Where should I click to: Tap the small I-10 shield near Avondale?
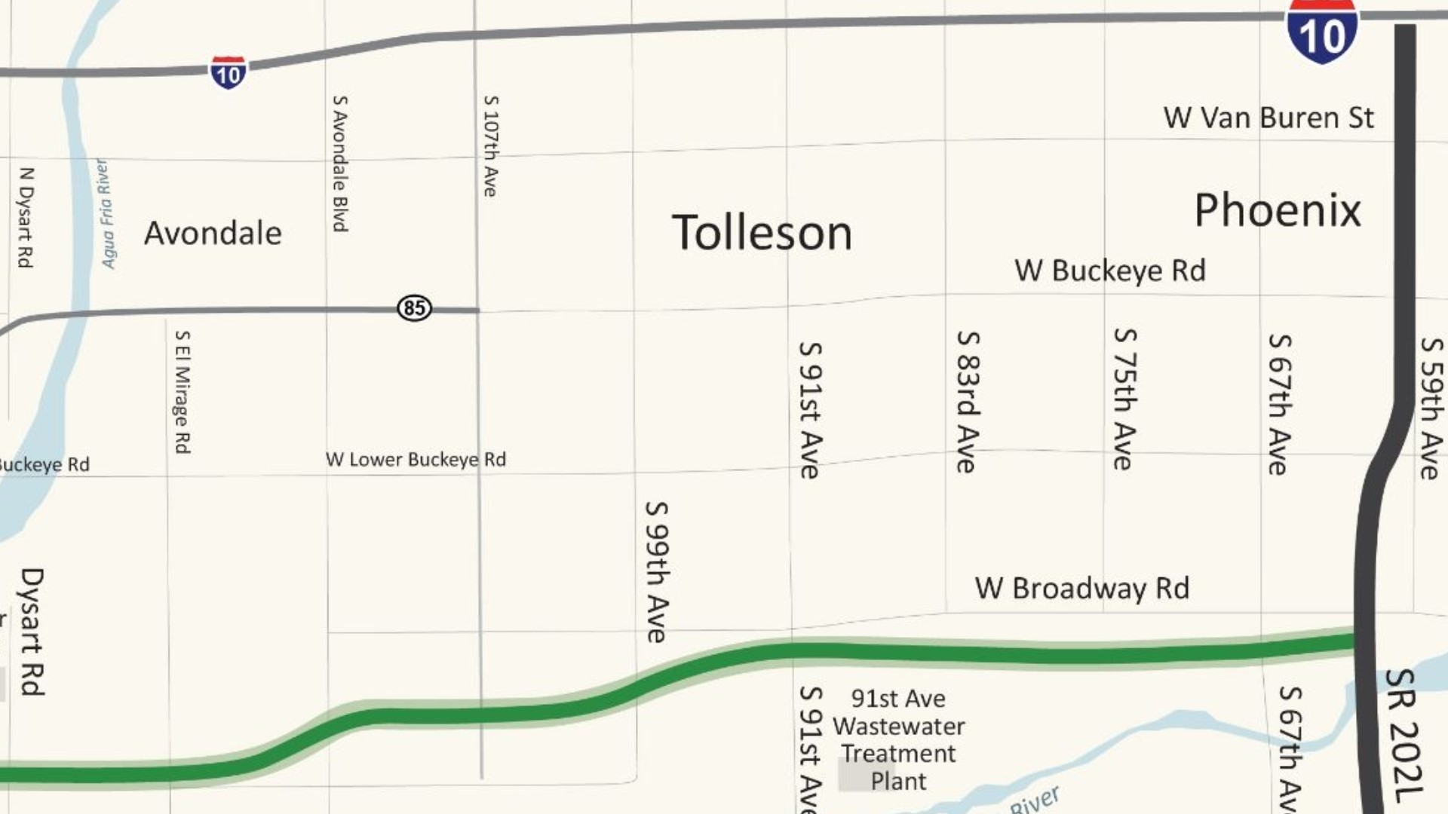228,72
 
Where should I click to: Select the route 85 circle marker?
414,308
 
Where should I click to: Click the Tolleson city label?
762,232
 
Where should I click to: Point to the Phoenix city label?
1278,210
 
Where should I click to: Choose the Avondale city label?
213,233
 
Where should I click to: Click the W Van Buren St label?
1269,118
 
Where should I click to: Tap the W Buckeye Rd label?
1109,271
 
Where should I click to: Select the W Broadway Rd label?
1081,589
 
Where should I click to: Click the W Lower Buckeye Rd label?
416,460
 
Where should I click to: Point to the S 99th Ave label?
656,571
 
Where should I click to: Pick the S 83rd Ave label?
967,401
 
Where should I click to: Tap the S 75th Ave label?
1124,399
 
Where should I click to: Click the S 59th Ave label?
1431,408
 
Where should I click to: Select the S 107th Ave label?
490,146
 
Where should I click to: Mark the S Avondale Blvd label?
340,163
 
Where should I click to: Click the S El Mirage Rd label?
183,391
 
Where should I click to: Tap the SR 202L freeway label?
1404,736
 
